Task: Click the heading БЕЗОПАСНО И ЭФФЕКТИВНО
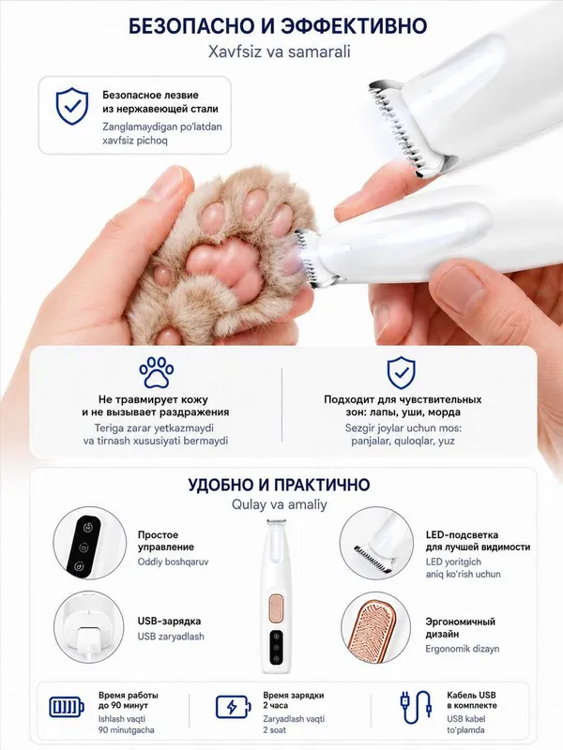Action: (x=278, y=26)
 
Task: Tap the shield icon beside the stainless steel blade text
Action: (x=72, y=106)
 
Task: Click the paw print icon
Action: (x=157, y=371)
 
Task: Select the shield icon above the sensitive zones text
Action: (x=402, y=372)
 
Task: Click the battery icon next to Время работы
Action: (x=67, y=707)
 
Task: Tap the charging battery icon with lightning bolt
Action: (x=233, y=707)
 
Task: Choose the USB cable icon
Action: (x=416, y=707)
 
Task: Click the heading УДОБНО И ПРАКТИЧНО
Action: (x=279, y=485)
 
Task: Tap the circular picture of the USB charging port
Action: (x=90, y=627)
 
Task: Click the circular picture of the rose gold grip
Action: (x=376, y=628)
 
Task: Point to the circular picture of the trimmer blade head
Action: (x=376, y=544)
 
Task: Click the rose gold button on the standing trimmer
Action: (x=277, y=607)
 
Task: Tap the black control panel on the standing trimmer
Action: (x=275, y=649)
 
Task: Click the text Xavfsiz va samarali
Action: (x=279, y=52)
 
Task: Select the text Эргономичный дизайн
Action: (x=460, y=628)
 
